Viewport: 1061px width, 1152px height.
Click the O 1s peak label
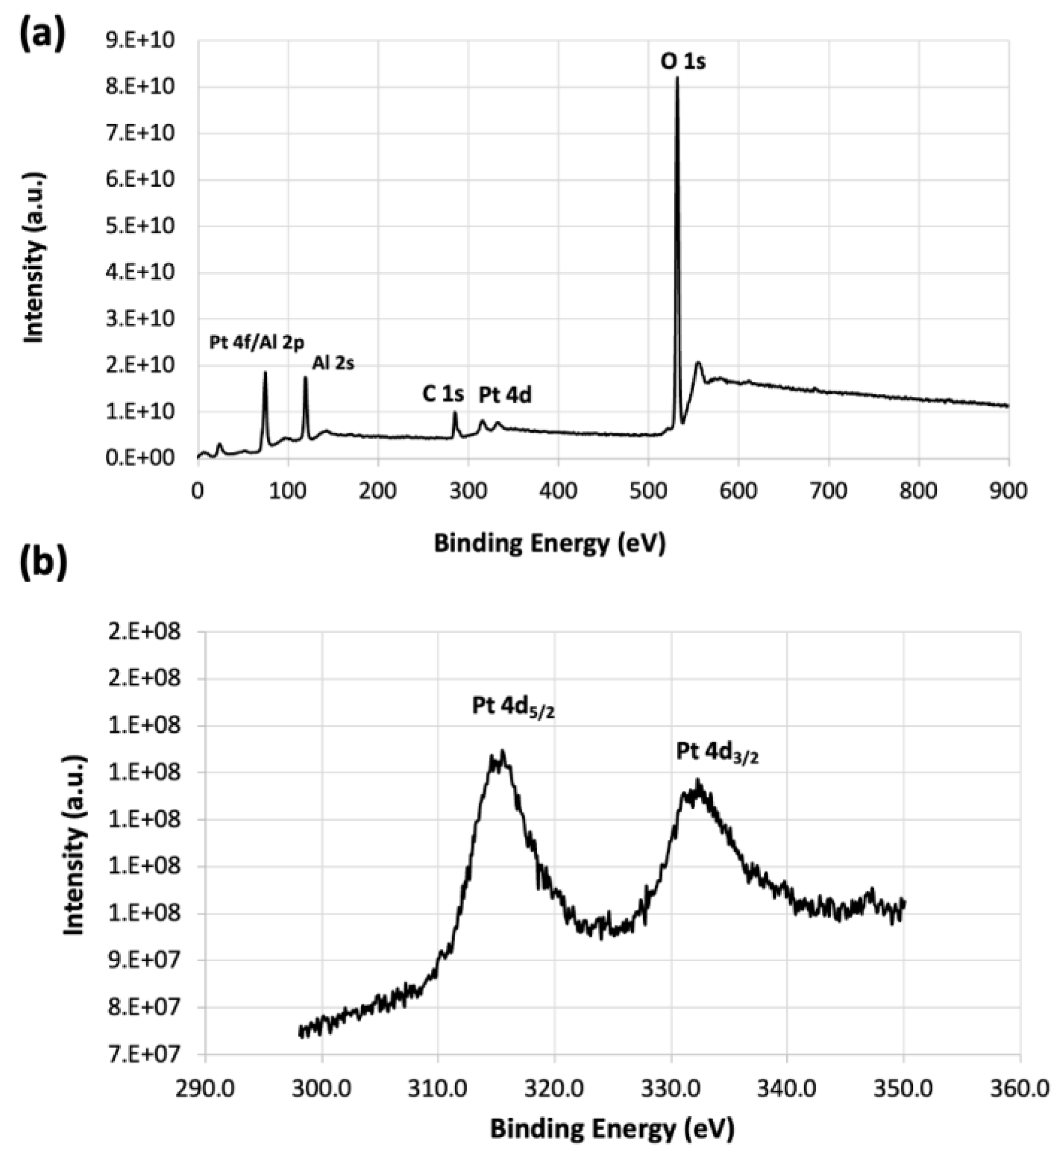pyautogui.click(x=683, y=60)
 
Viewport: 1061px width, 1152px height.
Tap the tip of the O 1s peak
pyautogui.click(x=677, y=77)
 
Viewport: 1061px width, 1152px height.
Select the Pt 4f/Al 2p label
pyautogui.click(x=256, y=343)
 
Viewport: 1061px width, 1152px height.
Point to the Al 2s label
pyautogui.click(x=333, y=363)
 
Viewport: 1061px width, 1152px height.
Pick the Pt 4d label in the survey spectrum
pyautogui.click(x=505, y=395)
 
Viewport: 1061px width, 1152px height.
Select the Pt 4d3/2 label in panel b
pyautogui.click(x=717, y=753)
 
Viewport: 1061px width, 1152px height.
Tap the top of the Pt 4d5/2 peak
pyautogui.click(x=502, y=751)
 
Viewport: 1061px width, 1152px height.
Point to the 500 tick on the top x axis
pyautogui.click(x=648, y=491)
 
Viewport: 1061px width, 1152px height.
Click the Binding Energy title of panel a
pyautogui.click(x=550, y=542)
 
